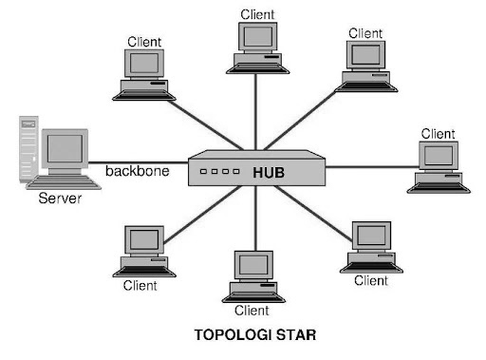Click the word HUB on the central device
tap(269, 174)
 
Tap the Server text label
tap(60, 199)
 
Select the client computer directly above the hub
tap(254, 47)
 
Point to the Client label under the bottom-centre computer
tap(252, 310)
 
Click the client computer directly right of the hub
tap(438, 166)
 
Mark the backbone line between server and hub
tap(142, 161)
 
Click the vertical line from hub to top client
tap(255, 109)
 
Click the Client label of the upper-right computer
tap(365, 34)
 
